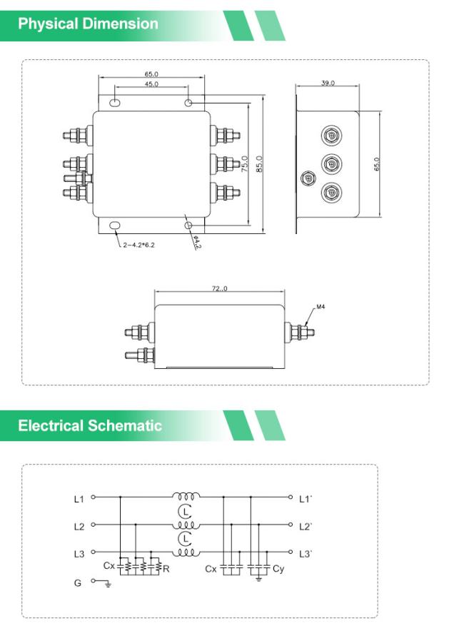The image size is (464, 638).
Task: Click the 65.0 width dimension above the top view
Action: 151,74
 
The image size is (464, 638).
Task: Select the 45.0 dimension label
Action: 151,83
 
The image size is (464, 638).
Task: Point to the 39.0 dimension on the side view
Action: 328,83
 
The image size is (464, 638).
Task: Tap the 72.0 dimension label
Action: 219,288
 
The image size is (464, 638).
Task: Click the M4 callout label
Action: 321,307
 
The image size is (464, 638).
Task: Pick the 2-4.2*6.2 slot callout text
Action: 138,245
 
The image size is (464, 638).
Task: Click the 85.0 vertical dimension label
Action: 259,164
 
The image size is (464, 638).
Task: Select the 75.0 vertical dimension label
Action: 245,164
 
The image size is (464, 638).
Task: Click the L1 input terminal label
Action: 79,499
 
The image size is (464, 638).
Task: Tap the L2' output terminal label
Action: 306,527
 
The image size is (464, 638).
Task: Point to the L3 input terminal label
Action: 79,554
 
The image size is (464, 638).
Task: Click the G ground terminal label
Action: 78,582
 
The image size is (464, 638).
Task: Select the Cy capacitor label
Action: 278,569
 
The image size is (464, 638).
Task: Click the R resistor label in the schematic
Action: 166,569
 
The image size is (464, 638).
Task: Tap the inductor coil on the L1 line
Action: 186,497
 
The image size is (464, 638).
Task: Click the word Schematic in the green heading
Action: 124,425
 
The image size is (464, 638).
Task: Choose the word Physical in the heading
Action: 48,24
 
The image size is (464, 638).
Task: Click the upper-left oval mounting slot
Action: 115,103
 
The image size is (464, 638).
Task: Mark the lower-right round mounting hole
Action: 188,225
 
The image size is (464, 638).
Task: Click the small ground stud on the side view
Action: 308,178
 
